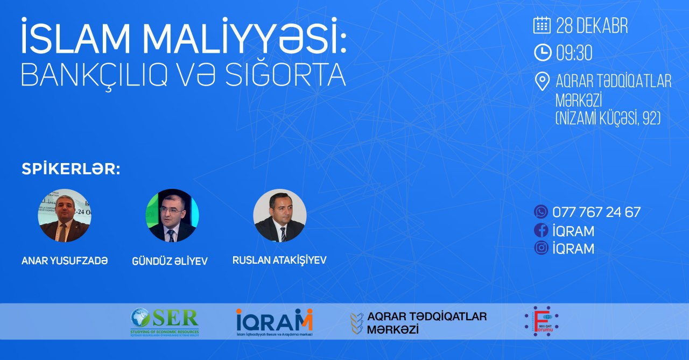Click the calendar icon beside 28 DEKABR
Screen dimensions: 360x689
pyautogui.click(x=542, y=25)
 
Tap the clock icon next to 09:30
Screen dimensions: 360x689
pyautogui.click(x=542, y=52)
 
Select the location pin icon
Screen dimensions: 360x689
pyautogui.click(x=542, y=81)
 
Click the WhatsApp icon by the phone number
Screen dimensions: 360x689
pyautogui.click(x=541, y=211)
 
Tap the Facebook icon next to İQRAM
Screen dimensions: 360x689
pyautogui.click(x=541, y=230)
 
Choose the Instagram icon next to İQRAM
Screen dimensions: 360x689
pyautogui.click(x=541, y=248)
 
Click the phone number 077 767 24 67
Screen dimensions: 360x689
pyautogui.click(x=596, y=212)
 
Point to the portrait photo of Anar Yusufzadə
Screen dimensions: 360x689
pyautogui.click(x=65, y=215)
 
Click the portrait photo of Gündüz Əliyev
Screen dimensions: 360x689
pyautogui.click(x=172, y=215)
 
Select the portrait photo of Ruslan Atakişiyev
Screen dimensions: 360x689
pyautogui.click(x=280, y=215)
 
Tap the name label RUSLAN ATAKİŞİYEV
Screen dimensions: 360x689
pyautogui.click(x=279, y=260)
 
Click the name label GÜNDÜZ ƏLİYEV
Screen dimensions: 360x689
pyautogui.click(x=170, y=262)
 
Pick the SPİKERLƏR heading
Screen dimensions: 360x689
pyautogui.click(x=71, y=169)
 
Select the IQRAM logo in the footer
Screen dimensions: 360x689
pyautogui.click(x=274, y=322)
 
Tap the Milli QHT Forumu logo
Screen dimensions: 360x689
pyautogui.click(x=542, y=321)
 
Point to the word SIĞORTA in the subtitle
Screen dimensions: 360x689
pyautogui.click(x=292, y=76)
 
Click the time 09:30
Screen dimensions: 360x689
pyautogui.click(x=574, y=53)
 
